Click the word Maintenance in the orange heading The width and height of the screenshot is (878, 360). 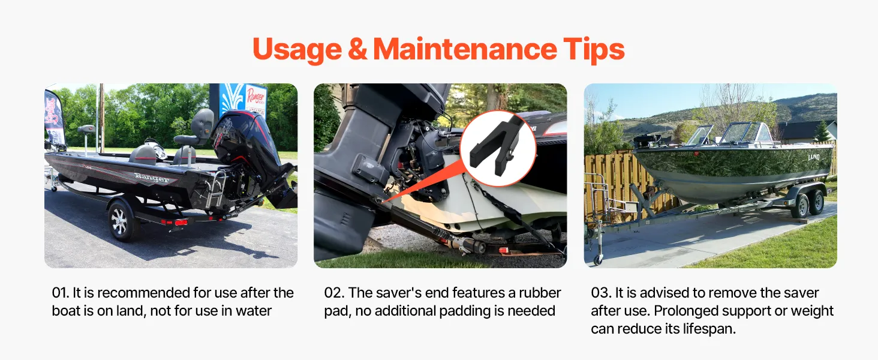click(x=465, y=49)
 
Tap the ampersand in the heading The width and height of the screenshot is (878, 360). click(x=357, y=49)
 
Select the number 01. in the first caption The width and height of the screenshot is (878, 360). click(x=61, y=293)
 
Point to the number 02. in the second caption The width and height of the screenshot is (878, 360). click(x=334, y=293)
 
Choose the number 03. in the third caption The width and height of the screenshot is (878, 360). click(x=601, y=293)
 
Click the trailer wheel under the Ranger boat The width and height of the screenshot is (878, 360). click(x=121, y=220)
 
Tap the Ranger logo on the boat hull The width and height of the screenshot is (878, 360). click(x=152, y=178)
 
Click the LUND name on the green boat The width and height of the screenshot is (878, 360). click(x=814, y=157)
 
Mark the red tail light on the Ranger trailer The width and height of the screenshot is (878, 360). click(x=181, y=223)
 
